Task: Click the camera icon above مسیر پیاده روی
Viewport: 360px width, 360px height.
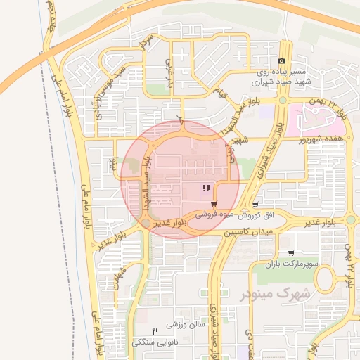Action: click(282, 62)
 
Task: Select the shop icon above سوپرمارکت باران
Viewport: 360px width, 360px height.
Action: click(291, 252)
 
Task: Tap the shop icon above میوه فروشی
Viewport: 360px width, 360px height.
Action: click(213, 203)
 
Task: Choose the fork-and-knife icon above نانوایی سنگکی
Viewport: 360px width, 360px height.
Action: click(155, 331)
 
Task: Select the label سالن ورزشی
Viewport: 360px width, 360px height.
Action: click(185, 325)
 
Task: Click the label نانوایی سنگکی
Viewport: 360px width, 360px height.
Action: click(155, 342)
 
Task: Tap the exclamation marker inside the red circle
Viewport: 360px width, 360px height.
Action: click(206, 188)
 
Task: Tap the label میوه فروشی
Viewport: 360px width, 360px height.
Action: click(214, 213)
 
